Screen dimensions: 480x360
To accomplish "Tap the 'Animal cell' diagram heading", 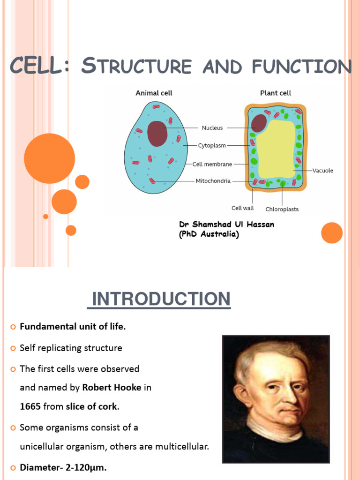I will [x=154, y=93].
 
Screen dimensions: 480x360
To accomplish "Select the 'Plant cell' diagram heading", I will [x=276, y=93].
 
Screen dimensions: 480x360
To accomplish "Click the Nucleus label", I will [x=212, y=127].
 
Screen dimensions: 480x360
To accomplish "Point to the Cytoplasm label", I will [x=212, y=146].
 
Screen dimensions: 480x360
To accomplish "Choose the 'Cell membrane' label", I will [x=212, y=164].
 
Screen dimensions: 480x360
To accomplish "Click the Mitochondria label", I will [x=213, y=181].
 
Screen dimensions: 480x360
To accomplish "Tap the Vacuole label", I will [x=322, y=171].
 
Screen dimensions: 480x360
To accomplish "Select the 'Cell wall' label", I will [x=243, y=208].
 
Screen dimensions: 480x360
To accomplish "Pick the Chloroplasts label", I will [x=282, y=209].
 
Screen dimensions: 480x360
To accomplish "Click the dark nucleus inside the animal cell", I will [x=157, y=134].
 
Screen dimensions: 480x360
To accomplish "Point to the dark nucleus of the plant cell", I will [x=258, y=123].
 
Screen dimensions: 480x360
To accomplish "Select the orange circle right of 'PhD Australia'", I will [x=332, y=233].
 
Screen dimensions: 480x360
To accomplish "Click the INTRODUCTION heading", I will [x=159, y=299].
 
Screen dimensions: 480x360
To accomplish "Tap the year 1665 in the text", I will [x=30, y=407].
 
